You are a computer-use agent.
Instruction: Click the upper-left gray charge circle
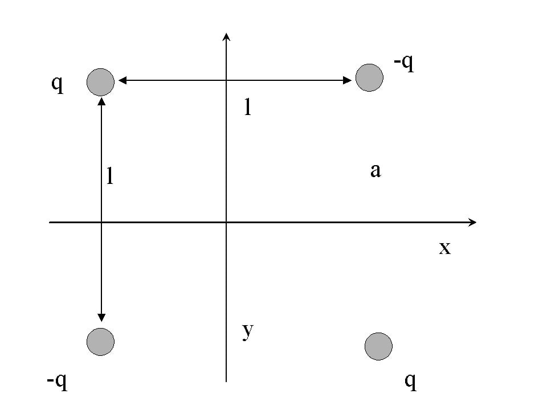click(100, 81)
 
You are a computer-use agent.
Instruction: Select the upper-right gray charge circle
click(369, 76)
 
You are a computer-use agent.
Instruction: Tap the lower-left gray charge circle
click(100, 342)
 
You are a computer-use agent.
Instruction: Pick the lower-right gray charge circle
click(378, 346)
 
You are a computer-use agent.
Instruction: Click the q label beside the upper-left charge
click(57, 84)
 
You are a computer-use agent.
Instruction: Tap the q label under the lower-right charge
click(410, 381)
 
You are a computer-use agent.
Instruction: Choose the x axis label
click(444, 248)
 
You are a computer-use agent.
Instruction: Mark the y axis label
click(247, 331)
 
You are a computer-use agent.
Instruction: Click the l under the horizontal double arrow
click(247, 106)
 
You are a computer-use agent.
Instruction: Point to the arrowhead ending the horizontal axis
click(472, 222)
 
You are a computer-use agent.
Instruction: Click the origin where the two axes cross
click(226, 222)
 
